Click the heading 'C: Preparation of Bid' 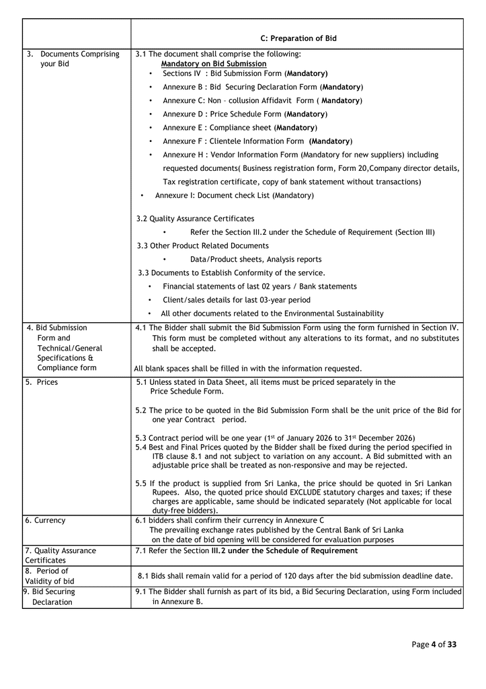pos(298,38)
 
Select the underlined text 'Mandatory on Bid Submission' pos(213,64)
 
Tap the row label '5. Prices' pos(42,382)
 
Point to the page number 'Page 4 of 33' pos(434,645)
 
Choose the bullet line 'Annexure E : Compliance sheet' pos(240,128)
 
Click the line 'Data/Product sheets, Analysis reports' pos(255,259)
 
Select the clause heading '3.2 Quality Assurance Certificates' pos(195,219)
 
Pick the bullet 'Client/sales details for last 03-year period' pos(236,300)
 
